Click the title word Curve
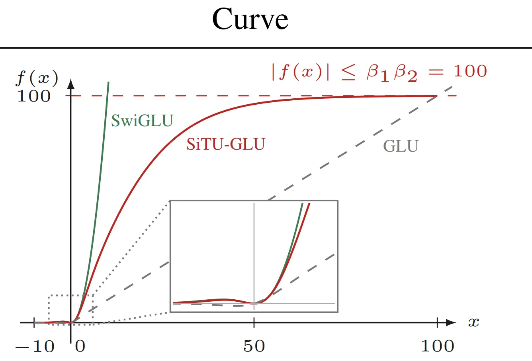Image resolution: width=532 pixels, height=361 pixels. (250, 19)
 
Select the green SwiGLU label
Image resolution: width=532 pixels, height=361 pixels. (142, 121)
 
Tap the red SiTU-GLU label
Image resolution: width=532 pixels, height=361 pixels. (226, 144)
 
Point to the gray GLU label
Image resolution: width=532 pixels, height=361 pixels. (401, 146)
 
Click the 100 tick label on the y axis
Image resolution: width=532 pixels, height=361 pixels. (34, 96)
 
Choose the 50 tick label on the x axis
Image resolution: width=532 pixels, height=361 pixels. (254, 346)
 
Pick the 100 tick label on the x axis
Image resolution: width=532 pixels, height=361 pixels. (438, 346)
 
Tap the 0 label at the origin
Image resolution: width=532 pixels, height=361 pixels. (80, 346)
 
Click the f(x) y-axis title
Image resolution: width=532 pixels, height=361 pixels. (37, 78)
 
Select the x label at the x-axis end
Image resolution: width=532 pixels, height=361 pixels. (473, 322)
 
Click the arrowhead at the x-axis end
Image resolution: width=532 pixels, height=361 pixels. (451, 322)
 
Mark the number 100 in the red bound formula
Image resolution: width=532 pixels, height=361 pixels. (470, 71)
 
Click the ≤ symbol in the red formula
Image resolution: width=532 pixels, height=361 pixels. (348, 72)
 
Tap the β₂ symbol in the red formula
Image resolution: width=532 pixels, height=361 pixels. (406, 73)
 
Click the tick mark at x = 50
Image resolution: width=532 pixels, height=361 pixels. (254, 322)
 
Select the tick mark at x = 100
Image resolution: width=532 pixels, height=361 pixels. (437, 322)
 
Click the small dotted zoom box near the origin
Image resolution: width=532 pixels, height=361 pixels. (49, 308)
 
